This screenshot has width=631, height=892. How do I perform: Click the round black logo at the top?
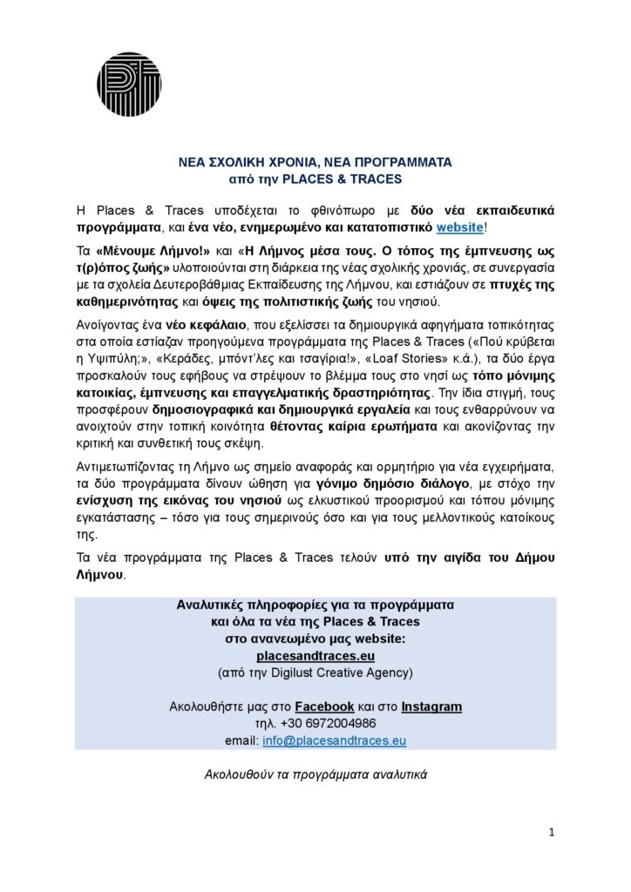tap(128, 84)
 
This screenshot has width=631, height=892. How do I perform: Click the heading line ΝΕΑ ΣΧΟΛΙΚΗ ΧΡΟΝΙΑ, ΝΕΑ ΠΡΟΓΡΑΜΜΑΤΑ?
tap(315, 162)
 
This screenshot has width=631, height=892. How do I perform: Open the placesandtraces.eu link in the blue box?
tap(315, 655)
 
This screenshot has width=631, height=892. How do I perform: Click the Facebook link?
tap(324, 706)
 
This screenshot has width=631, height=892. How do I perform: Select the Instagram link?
tap(431, 706)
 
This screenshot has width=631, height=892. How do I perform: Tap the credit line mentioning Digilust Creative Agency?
tap(315, 672)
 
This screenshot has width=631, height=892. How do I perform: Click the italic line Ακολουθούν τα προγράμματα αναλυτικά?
tap(315, 773)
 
